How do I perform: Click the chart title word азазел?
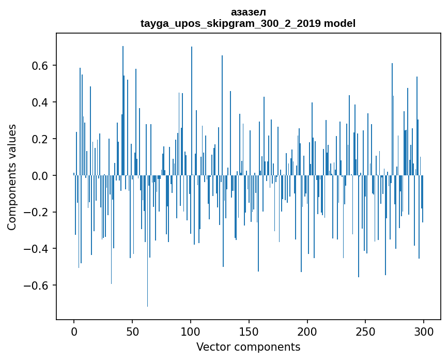[x=248, y=12]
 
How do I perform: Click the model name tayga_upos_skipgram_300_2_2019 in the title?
[x=230, y=24]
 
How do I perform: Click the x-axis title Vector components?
[x=248, y=347]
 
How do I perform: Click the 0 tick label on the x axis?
[x=74, y=331]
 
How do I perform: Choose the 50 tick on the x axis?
[x=132, y=331]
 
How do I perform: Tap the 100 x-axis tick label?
[x=191, y=331]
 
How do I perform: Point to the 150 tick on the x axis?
[x=249, y=331]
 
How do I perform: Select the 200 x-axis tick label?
[x=307, y=331]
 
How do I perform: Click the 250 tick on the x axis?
[x=366, y=331]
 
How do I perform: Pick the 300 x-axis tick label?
[x=424, y=331]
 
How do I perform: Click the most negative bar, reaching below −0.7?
[x=147, y=259]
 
